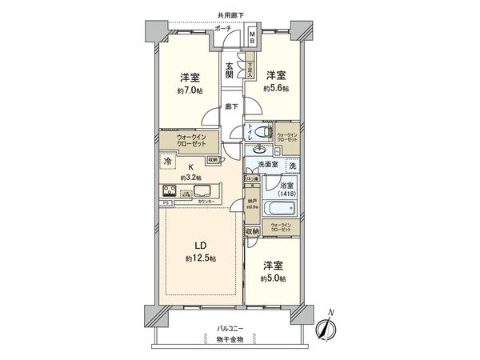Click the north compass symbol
[x=326, y=328]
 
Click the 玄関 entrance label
[x=230, y=70]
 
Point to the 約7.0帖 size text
[x=190, y=91]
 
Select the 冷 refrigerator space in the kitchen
[x=167, y=162]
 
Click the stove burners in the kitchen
[x=173, y=191]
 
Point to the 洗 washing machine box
[x=293, y=165]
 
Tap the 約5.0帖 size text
[x=273, y=278]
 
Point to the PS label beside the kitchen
[x=166, y=203]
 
